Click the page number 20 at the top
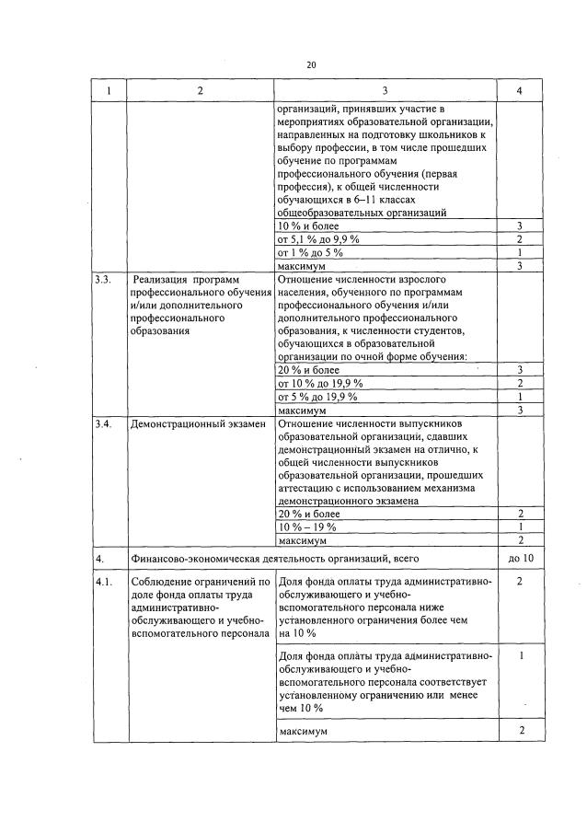pyautogui.click(x=310, y=65)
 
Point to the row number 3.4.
pyautogui.click(x=104, y=424)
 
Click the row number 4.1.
pyautogui.click(x=104, y=582)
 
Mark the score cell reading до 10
pyautogui.click(x=520, y=558)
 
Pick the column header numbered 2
pyautogui.click(x=200, y=90)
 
